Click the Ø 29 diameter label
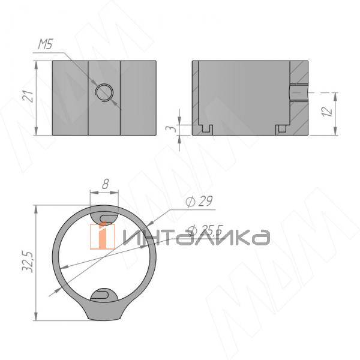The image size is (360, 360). point(200,202)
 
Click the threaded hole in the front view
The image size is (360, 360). point(104,92)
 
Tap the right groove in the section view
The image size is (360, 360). point(281,128)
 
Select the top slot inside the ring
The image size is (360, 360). point(105,216)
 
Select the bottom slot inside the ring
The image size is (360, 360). point(105,293)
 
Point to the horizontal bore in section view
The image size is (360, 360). point(299,93)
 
